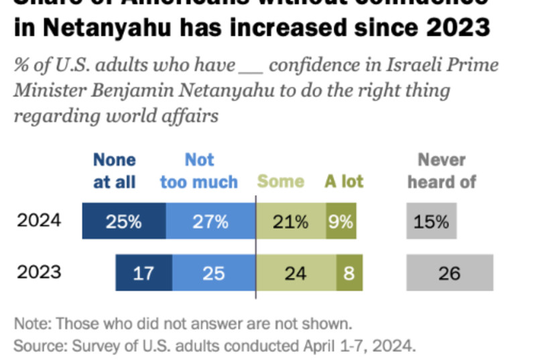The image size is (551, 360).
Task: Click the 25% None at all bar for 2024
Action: [124, 221]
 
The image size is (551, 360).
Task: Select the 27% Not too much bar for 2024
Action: [210, 221]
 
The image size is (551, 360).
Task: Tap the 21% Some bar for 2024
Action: [291, 221]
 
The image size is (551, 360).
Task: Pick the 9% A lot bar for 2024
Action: [341, 221]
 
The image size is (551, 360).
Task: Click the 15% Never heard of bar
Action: [431, 221]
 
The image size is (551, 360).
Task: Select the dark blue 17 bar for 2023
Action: [143, 273]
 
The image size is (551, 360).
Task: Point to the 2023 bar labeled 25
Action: [214, 273]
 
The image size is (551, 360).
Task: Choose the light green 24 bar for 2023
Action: [296, 273]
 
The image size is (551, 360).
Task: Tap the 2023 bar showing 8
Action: [349, 273]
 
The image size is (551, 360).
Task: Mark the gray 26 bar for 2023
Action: [449, 273]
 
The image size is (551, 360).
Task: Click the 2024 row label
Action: [39, 221]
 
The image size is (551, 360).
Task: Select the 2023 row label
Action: [39, 272]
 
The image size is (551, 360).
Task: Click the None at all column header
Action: [115, 171]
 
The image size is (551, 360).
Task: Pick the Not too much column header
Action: [199, 171]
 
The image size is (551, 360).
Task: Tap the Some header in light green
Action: [281, 182]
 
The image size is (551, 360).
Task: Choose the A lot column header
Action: [344, 182]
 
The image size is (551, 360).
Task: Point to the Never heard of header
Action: [442, 171]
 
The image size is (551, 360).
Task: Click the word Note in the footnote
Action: [29, 324]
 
